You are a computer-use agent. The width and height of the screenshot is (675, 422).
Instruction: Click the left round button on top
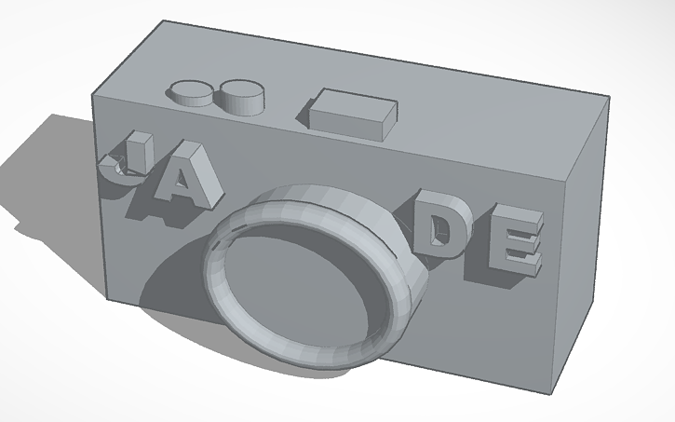click(191, 89)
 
